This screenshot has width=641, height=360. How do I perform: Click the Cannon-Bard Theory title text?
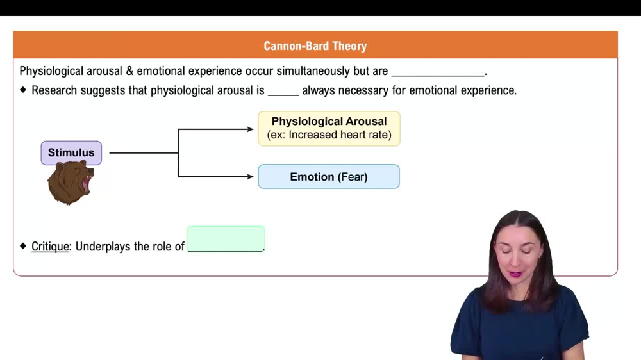tap(315, 45)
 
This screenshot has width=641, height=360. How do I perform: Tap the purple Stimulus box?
tap(71, 153)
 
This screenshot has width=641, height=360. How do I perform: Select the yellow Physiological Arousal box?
tap(329, 128)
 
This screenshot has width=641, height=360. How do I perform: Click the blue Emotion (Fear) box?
tap(329, 177)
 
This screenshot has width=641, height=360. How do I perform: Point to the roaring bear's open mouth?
tap(87, 184)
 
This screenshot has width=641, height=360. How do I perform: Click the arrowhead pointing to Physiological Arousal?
tap(250, 129)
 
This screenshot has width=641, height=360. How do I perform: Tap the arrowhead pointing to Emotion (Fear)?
tap(250, 177)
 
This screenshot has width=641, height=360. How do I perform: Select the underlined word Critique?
tap(50, 247)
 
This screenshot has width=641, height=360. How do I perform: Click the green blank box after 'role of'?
tap(226, 239)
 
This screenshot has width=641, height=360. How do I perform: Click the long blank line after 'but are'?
tap(438, 76)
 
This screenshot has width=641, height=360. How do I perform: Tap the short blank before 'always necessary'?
tap(283, 95)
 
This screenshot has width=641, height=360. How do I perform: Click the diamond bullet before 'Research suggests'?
tap(23, 90)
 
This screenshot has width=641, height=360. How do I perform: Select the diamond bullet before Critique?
tap(23, 246)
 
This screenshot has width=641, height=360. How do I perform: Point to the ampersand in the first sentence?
tap(129, 71)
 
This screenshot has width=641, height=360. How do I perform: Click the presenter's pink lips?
tap(515, 273)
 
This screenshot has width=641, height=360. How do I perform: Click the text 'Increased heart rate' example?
tap(338, 135)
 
